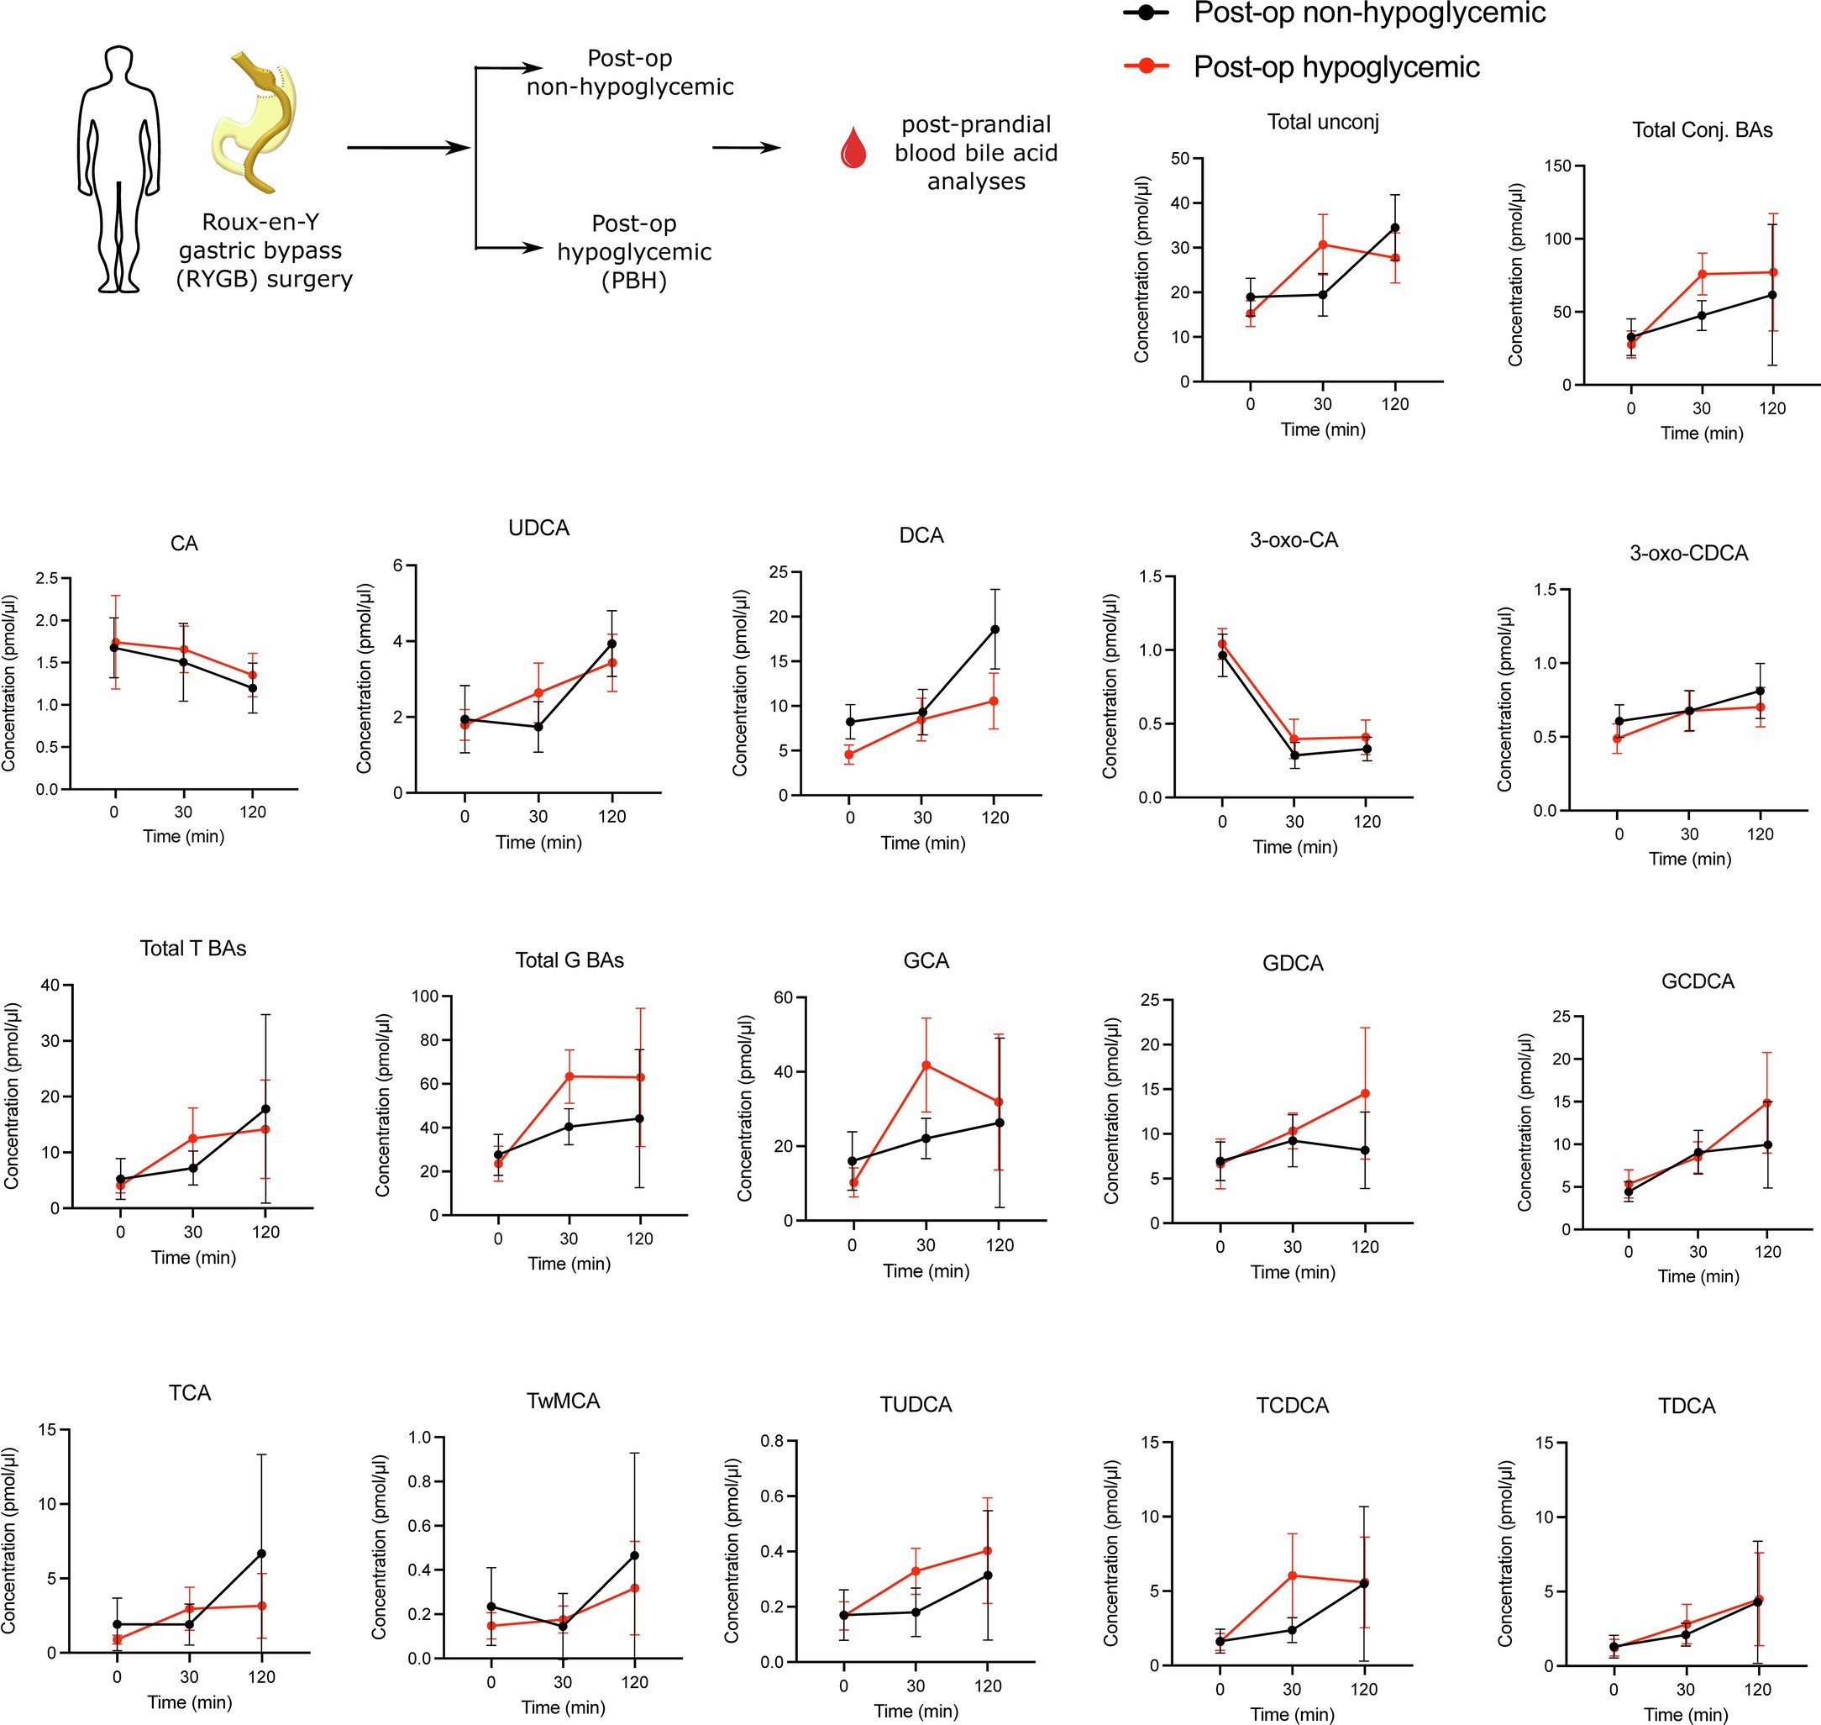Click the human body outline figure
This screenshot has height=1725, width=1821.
click(x=118, y=170)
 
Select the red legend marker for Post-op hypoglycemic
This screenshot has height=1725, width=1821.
click(x=1147, y=66)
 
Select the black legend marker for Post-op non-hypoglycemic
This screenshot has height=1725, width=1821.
click(x=1147, y=13)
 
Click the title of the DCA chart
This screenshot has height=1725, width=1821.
click(x=921, y=535)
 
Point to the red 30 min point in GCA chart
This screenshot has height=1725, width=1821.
click(x=926, y=1065)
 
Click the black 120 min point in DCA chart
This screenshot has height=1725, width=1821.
click(x=994, y=630)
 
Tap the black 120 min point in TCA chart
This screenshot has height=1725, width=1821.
click(x=261, y=1553)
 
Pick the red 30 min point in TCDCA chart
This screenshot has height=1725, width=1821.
click(x=1293, y=1575)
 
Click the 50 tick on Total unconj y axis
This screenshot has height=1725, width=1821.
click(x=1179, y=158)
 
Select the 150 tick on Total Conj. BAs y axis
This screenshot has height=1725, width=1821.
click(x=1557, y=166)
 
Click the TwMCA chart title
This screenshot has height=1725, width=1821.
click(x=563, y=1401)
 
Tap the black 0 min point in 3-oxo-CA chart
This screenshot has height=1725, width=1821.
click(x=1221, y=655)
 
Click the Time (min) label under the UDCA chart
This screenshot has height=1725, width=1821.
click(x=538, y=842)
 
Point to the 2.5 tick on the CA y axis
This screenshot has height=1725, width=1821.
click(x=46, y=578)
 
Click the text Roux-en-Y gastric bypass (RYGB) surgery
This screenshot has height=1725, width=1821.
click(x=264, y=250)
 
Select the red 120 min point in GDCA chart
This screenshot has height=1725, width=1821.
click(x=1365, y=1093)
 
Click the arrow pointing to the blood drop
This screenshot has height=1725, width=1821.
click(x=746, y=147)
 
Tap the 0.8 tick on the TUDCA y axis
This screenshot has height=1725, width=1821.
click(x=771, y=1441)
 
